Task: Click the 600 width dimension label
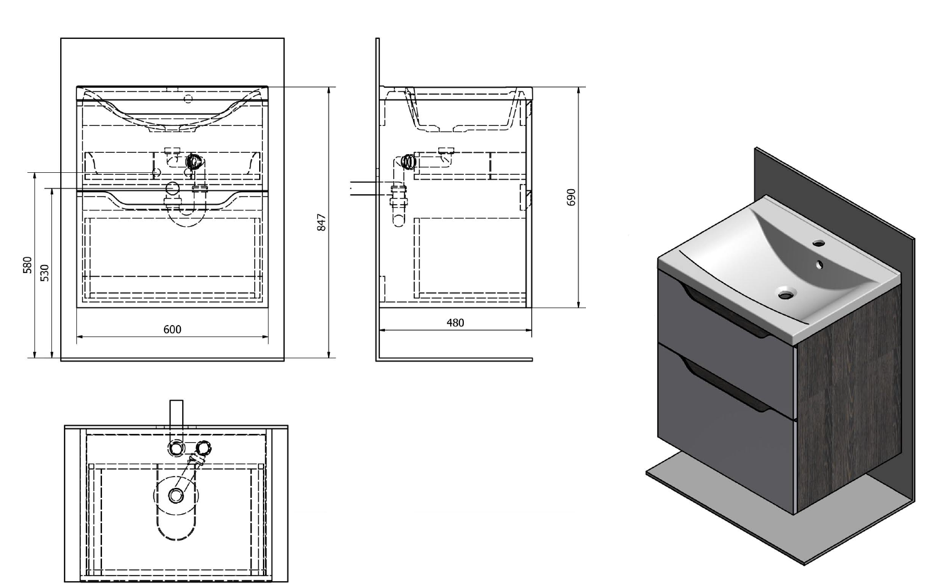point(172,329)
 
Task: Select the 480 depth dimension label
point(455,323)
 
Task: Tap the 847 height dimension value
point(322,222)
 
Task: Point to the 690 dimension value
point(571,197)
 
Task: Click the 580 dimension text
point(28,265)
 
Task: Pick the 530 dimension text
point(45,273)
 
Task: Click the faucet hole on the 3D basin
point(819,243)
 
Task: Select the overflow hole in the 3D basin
point(819,264)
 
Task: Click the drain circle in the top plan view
point(176,495)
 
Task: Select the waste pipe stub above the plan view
point(176,420)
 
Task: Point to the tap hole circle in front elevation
point(188,100)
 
